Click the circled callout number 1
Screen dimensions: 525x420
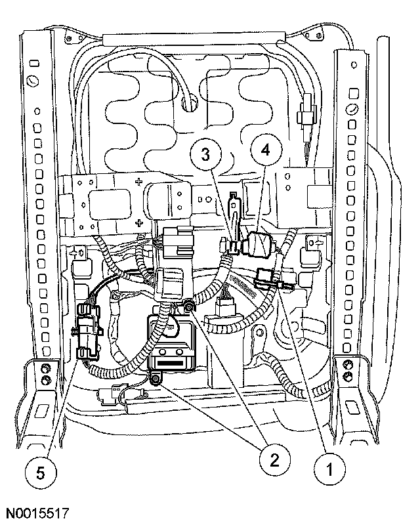point(330,470)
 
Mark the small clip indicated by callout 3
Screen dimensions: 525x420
point(231,247)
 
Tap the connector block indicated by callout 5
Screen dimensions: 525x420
point(87,331)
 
